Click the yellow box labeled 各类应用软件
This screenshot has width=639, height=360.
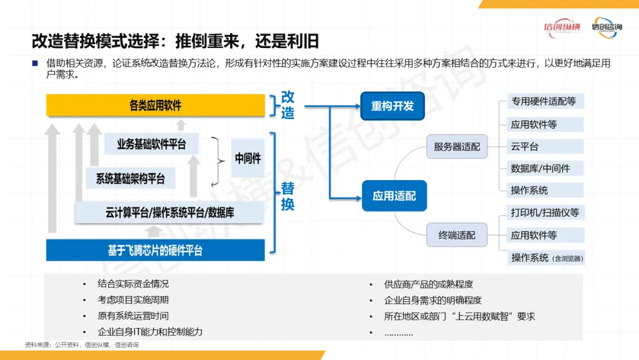click(x=155, y=106)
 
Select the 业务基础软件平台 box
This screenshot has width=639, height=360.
click(x=151, y=144)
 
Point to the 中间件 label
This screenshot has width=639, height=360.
click(x=247, y=159)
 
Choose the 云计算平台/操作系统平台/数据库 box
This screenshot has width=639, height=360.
click(x=169, y=213)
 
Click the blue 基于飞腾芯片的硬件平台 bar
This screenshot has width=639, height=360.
click(x=155, y=250)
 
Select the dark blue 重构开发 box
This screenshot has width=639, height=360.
click(x=393, y=106)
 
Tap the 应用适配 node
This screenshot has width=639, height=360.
click(x=394, y=195)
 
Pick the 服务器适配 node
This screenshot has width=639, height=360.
click(x=457, y=146)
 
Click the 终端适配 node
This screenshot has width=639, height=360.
click(x=457, y=235)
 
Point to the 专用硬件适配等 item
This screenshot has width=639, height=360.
click(x=543, y=101)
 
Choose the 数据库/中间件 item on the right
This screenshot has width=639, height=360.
click(x=540, y=168)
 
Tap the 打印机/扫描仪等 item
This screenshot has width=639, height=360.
click(x=545, y=213)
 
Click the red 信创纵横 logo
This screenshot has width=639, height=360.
click(x=562, y=28)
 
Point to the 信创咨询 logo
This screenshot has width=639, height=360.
click(x=606, y=28)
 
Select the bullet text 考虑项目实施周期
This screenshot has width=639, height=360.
click(x=133, y=300)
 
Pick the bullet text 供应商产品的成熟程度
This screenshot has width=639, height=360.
click(x=428, y=284)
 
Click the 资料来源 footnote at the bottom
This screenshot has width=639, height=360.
click(x=82, y=345)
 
